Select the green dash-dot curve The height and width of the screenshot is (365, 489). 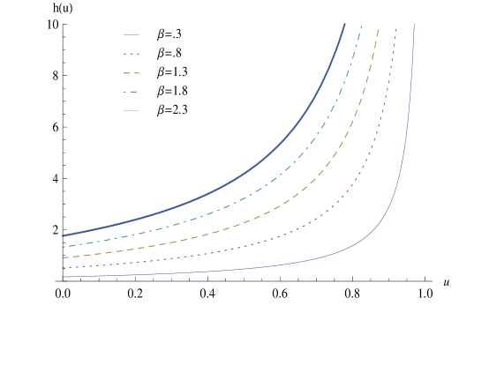coord(265,186)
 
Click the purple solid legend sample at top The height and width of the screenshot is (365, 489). coord(132,35)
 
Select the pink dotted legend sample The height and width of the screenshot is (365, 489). coord(132,54)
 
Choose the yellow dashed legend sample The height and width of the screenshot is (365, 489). coord(132,73)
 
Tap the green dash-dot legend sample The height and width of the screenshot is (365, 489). coord(132,92)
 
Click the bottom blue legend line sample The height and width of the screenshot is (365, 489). coord(132,111)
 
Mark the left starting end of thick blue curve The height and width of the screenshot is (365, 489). coord(63,236)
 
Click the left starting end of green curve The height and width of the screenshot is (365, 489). coord(63,247)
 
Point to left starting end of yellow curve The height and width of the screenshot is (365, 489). coord(63,257)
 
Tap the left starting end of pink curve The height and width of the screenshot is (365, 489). coord(63,267)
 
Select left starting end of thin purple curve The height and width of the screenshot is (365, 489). coord(63,277)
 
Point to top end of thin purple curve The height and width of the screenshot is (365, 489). coord(414,25)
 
